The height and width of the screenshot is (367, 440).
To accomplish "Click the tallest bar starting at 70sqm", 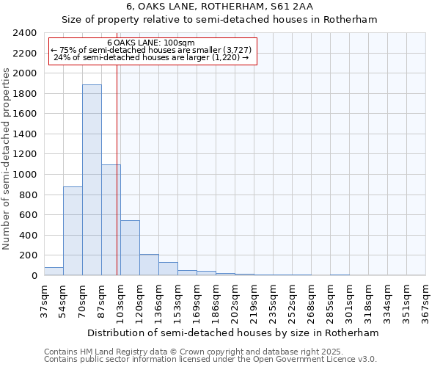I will [92, 180].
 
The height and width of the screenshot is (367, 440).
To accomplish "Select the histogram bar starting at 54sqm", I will [73, 231].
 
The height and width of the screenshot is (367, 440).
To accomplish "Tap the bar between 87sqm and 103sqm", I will [111, 220].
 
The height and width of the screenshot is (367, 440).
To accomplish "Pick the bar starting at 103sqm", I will [130, 248].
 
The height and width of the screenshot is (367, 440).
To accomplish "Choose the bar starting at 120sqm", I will [149, 265].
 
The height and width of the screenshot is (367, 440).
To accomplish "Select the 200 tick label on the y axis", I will [28, 255].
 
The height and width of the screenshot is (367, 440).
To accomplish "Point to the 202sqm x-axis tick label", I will [235, 301].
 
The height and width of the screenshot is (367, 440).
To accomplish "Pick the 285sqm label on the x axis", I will [331, 301].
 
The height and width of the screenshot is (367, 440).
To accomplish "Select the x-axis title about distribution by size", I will [235, 333].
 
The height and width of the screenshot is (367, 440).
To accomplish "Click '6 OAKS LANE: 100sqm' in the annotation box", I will [151, 43].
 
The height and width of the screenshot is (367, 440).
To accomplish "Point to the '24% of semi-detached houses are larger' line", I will [151, 57].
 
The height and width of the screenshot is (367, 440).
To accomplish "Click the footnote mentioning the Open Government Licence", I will [210, 360].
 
